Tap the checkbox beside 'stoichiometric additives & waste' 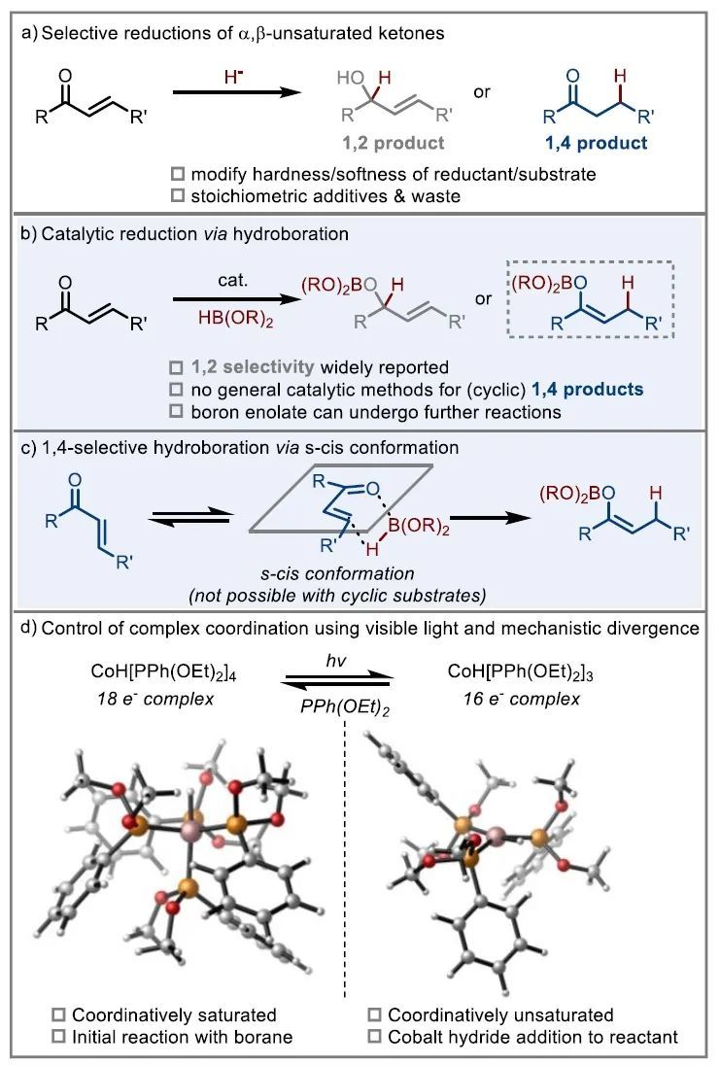pyautogui.click(x=176, y=197)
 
